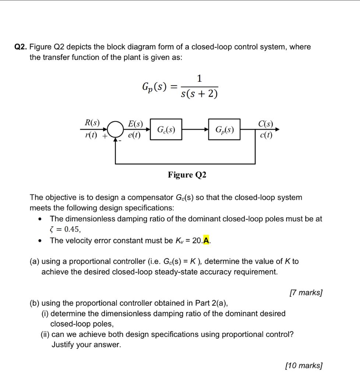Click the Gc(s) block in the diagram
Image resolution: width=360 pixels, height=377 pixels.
[166, 130]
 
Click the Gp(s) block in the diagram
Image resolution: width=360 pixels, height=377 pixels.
[224, 130]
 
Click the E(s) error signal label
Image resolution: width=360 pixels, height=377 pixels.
[135, 123]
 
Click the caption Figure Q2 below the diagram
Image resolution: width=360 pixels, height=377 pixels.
[187, 175]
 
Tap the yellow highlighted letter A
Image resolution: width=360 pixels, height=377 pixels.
[207, 240]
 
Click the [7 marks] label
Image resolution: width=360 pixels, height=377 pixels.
[306, 293]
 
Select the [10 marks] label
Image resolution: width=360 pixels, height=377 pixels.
[304, 366]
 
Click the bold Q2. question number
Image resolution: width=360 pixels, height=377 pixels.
[21, 47]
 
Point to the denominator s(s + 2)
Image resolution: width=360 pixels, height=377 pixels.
[199, 94]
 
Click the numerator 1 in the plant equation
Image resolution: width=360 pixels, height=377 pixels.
[199, 78]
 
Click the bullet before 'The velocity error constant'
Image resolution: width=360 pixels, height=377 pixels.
[40, 241]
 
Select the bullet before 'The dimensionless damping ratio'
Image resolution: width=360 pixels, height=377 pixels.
[40, 219]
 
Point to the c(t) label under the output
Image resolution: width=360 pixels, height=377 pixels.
[265, 135]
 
